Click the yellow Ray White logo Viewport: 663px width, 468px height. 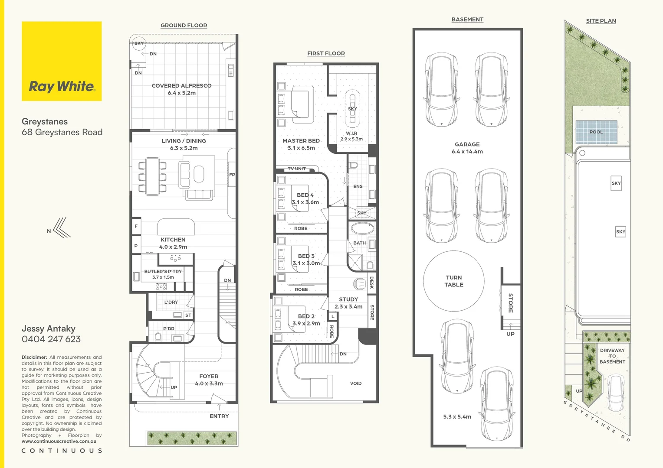pyautogui.click(x=62, y=61)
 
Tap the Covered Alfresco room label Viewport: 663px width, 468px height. pyautogui.click(x=182, y=86)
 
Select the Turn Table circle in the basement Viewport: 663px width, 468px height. pyautogui.click(x=453, y=281)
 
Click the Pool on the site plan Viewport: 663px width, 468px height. pyautogui.click(x=596, y=132)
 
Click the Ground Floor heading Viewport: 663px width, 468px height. pyautogui.click(x=184, y=26)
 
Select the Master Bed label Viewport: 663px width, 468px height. pyautogui.click(x=301, y=141)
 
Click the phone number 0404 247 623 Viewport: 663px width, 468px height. pyautogui.click(x=51, y=339)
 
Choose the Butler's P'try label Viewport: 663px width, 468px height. pyautogui.click(x=163, y=271)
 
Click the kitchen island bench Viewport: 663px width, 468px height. pyautogui.click(x=176, y=227)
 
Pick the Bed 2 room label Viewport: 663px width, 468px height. pyautogui.click(x=306, y=316)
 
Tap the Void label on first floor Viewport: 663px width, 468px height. pyautogui.click(x=356, y=383)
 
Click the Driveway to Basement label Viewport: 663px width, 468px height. pyautogui.click(x=612, y=356)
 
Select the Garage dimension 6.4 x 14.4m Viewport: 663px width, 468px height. pyautogui.click(x=467, y=152)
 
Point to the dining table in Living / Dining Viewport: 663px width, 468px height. pyautogui.click(x=153, y=176)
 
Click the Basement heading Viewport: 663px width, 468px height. pyautogui.click(x=467, y=19)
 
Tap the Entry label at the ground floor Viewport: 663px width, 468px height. pyautogui.click(x=219, y=416)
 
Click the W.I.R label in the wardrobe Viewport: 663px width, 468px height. pyautogui.click(x=351, y=133)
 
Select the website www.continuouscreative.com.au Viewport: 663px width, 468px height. pyautogui.click(x=59, y=441)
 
